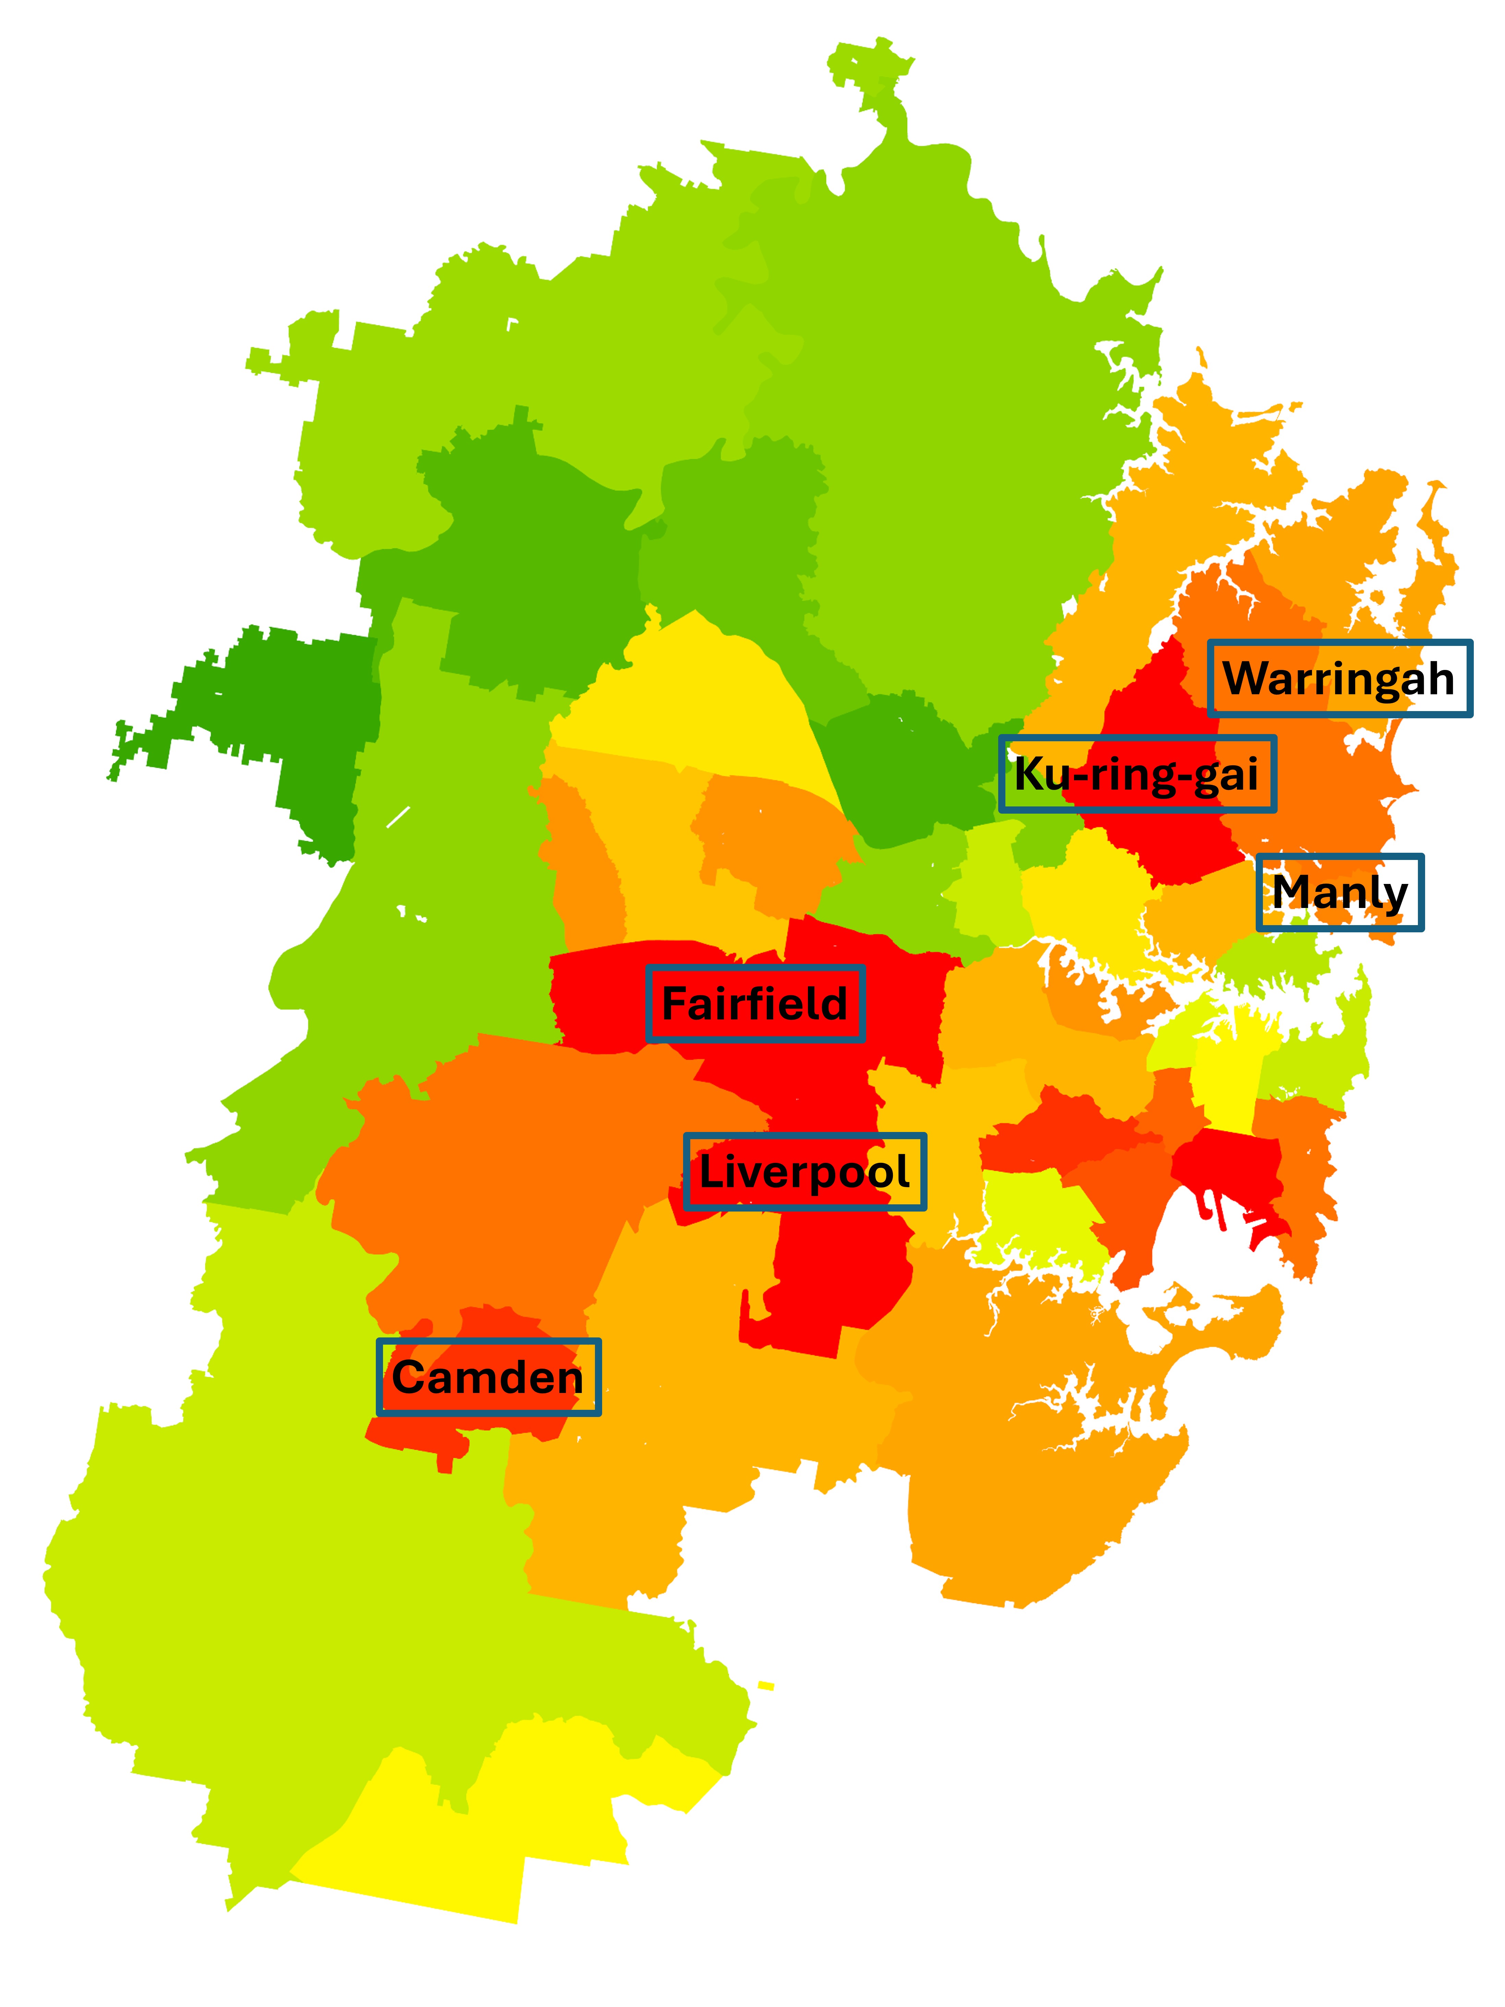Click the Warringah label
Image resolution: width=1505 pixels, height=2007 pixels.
click(1339, 679)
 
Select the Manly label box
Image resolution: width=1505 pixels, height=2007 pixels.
click(1339, 892)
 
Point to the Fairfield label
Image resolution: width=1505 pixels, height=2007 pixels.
click(755, 1004)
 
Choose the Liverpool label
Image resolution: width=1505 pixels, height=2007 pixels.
click(805, 1171)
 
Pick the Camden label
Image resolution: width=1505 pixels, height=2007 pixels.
click(488, 1377)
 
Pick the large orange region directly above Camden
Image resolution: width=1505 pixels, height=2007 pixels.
click(508, 1180)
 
